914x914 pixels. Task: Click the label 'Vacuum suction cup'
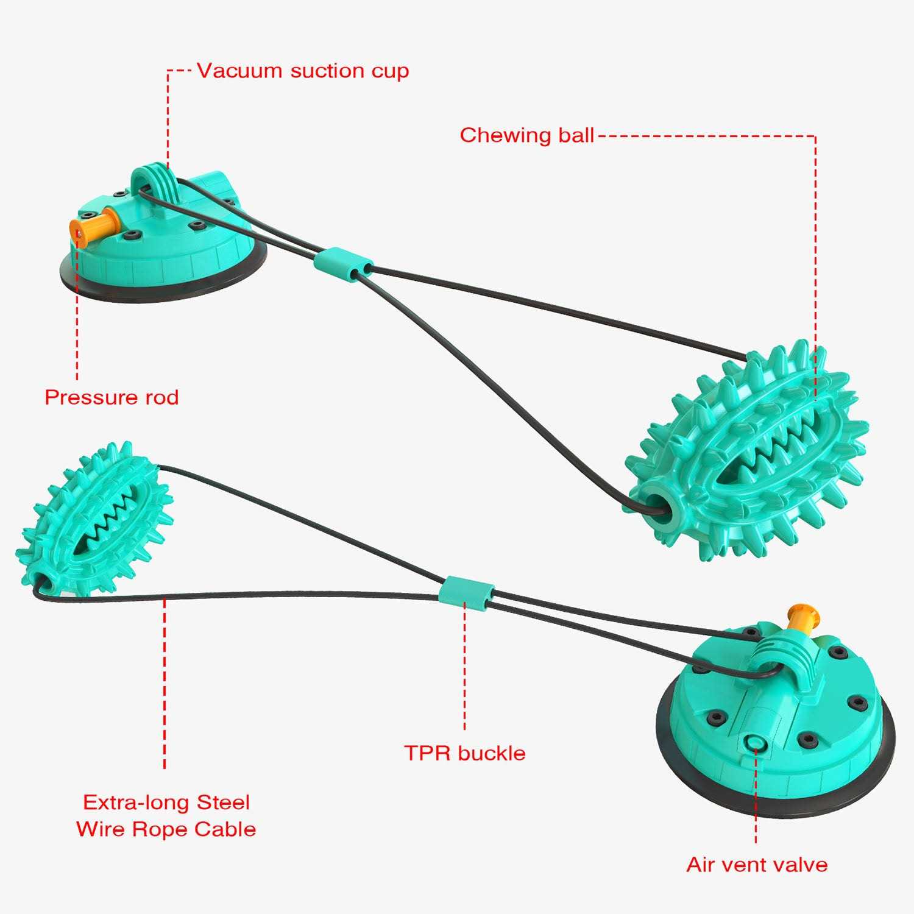pos(302,71)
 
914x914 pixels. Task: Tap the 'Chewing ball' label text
pos(526,135)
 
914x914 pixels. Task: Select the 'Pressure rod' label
pos(112,397)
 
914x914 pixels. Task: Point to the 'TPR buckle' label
pos(464,753)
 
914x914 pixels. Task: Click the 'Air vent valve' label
pos(757,865)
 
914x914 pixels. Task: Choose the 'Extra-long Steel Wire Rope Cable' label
pos(166,815)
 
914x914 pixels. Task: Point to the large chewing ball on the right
pos(749,454)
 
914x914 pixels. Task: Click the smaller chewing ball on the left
pos(97,518)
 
